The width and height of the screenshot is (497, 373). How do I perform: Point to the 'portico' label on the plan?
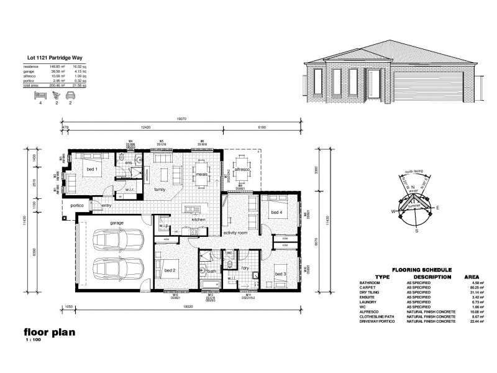[x=77, y=205]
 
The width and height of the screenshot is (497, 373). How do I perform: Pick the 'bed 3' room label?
[x=281, y=274]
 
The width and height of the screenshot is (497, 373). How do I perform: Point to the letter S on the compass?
[x=416, y=230]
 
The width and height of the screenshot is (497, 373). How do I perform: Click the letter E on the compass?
[x=438, y=207]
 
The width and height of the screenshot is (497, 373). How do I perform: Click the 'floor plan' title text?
[x=49, y=331]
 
